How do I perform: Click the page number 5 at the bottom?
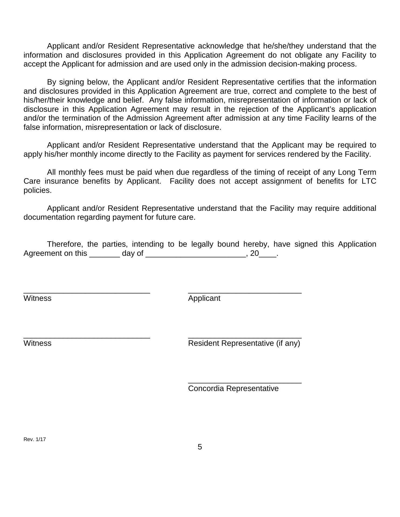pos(200,447)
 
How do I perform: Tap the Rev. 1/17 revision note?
pos(35,439)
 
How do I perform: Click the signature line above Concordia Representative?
pos(244,383)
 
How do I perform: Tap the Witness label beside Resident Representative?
pos(37,343)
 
